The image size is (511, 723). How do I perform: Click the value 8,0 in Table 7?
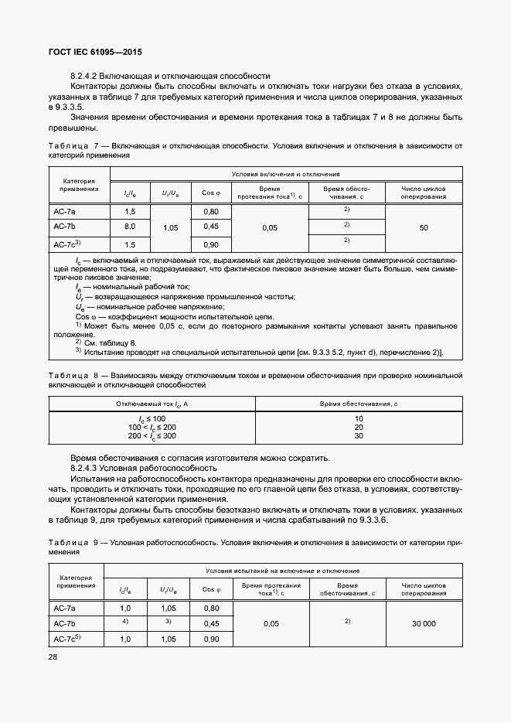(x=130, y=227)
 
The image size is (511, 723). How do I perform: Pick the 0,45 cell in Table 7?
(x=210, y=227)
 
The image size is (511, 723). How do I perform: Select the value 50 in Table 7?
(x=423, y=228)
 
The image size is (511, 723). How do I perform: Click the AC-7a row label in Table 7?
(x=66, y=212)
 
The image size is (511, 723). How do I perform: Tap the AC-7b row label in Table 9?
(x=64, y=623)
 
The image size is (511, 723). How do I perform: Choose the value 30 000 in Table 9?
(x=423, y=623)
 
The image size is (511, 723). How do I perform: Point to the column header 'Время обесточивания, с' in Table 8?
(x=359, y=404)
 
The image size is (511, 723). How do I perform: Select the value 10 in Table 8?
(x=359, y=418)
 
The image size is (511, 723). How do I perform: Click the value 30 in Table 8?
(x=359, y=436)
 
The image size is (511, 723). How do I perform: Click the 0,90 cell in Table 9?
(x=210, y=639)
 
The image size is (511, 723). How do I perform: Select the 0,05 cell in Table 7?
(x=269, y=228)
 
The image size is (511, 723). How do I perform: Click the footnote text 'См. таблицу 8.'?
(x=116, y=343)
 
